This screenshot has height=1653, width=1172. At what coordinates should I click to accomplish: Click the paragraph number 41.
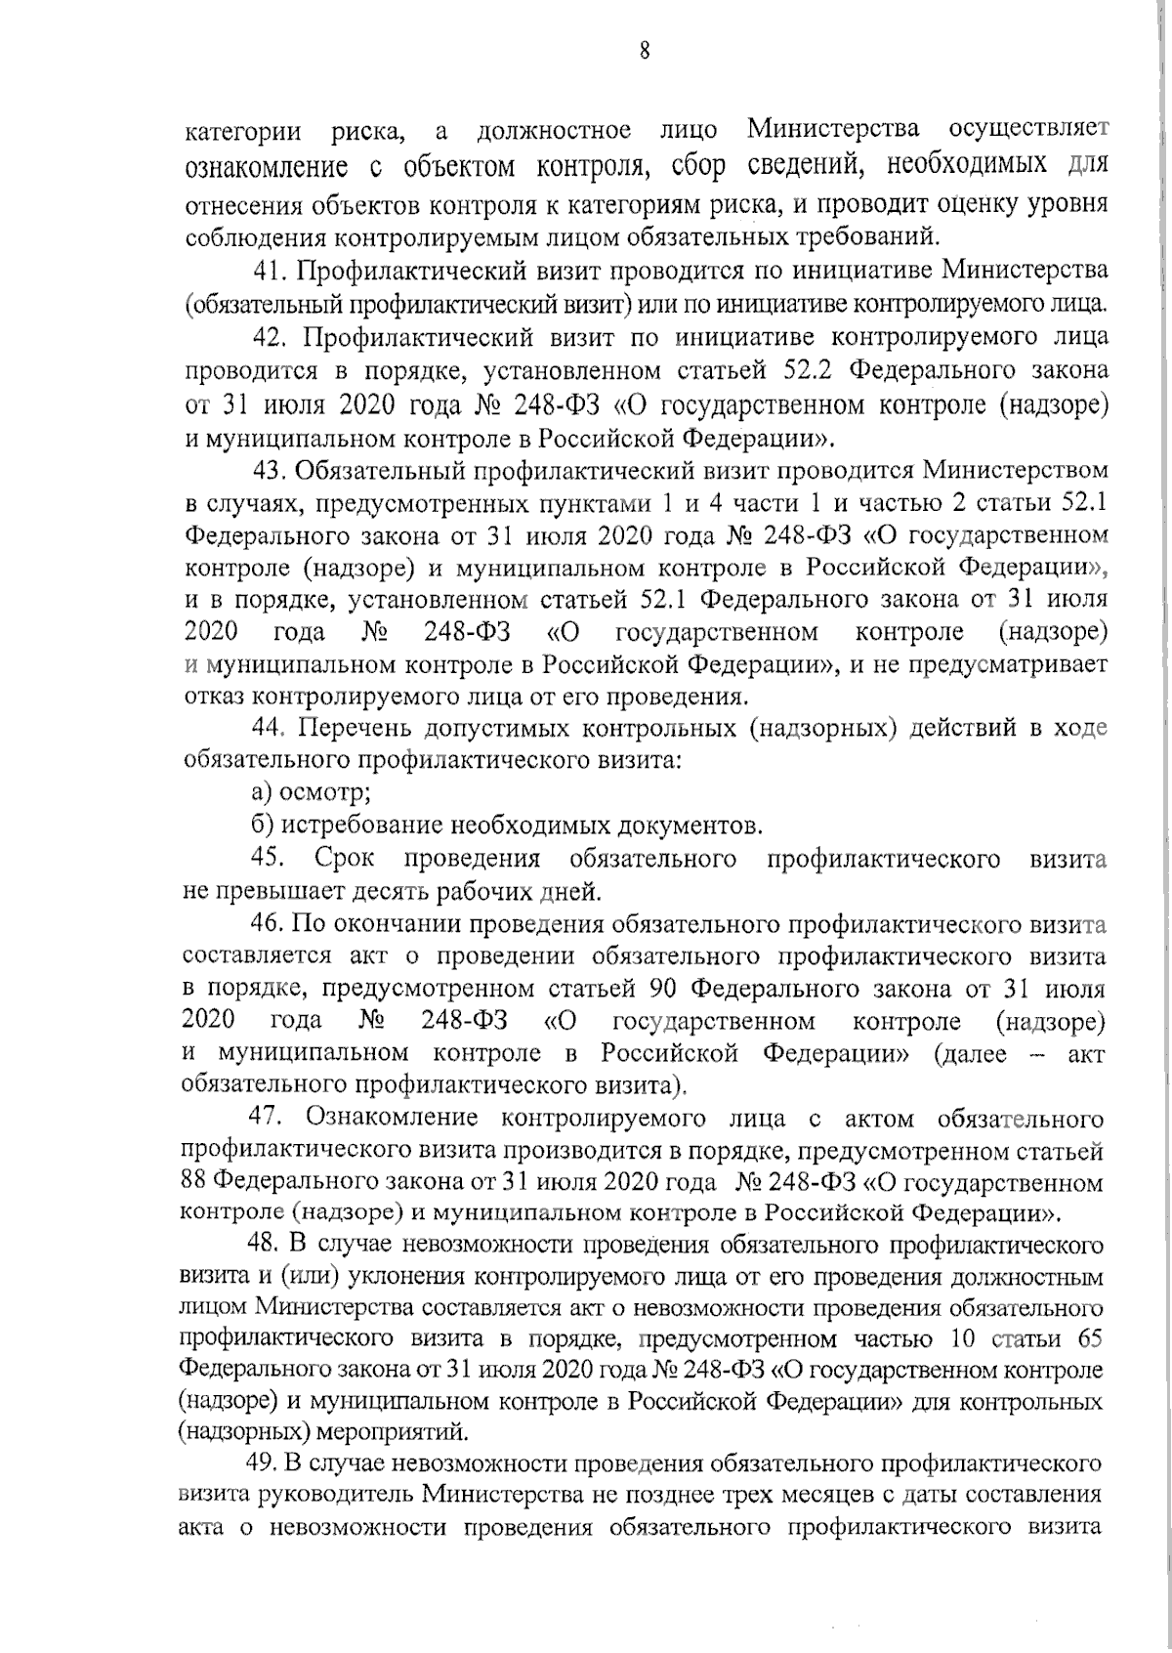pos(268,270)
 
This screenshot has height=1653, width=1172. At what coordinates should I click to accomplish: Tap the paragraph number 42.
pos(268,338)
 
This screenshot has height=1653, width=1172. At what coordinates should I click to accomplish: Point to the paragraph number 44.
pos(268,729)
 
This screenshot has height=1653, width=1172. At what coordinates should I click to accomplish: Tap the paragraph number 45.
pos(268,859)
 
